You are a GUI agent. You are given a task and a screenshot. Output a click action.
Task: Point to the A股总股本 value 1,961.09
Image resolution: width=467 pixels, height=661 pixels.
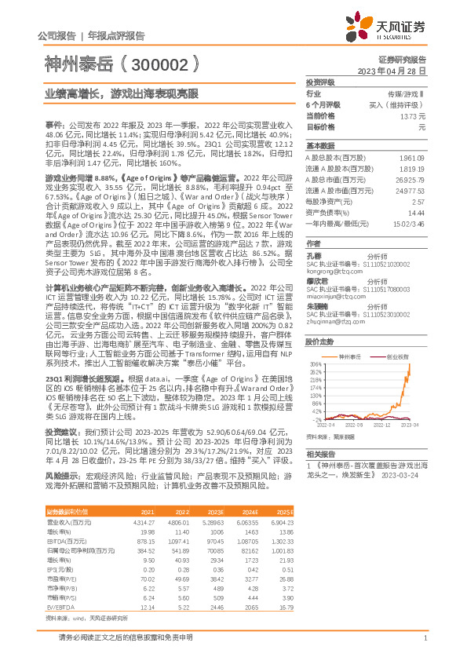pos(413,157)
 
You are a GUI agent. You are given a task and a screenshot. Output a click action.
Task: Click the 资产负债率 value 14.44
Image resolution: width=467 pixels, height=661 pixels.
pos(416,213)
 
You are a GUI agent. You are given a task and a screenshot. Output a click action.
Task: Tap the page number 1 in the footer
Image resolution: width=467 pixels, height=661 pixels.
pos(425,638)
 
